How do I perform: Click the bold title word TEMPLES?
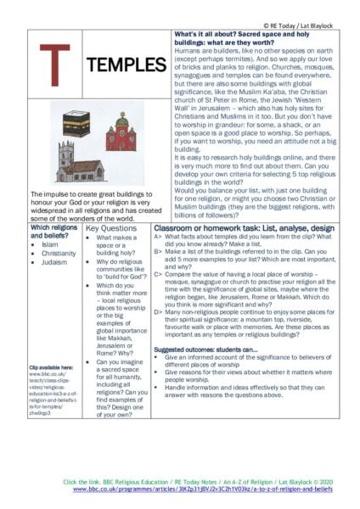tap(127, 65)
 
